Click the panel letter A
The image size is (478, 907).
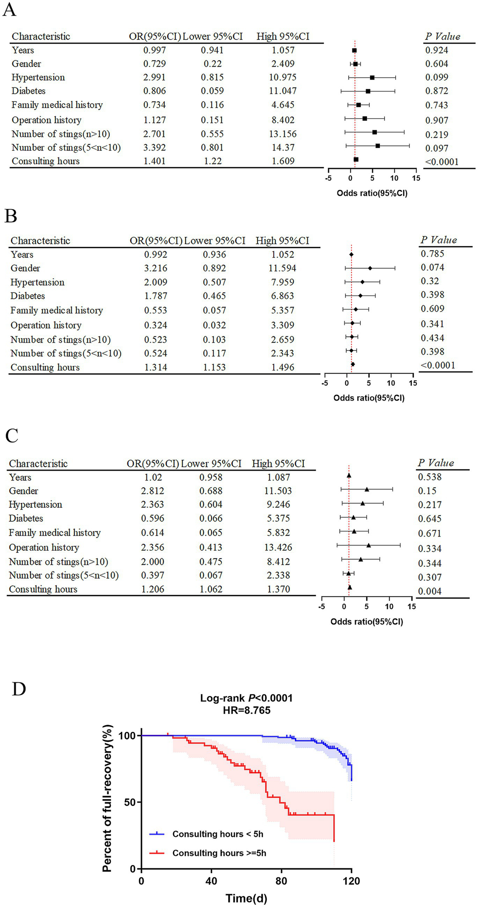[x=9, y=9]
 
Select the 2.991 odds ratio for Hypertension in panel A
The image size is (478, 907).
[x=154, y=77]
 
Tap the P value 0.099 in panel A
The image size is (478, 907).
[x=437, y=77]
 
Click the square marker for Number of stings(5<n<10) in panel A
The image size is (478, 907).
[x=377, y=146]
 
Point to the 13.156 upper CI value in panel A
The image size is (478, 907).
[x=283, y=134]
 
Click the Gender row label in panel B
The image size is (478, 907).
[x=25, y=268]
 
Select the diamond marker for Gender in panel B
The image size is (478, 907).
[x=370, y=268]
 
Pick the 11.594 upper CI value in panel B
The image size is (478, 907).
[x=282, y=268]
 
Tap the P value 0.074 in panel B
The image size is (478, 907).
[x=432, y=267]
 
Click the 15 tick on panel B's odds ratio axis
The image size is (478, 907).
[x=413, y=383]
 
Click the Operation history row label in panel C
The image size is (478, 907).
[x=44, y=547]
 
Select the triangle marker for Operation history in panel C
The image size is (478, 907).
[x=368, y=545]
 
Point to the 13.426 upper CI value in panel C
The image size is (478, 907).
[x=278, y=547]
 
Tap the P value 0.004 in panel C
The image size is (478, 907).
[x=430, y=591]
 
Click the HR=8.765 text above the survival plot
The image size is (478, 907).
[x=246, y=710]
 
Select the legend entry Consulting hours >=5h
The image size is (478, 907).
[x=219, y=853]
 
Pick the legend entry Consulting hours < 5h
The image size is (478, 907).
[x=217, y=834]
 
